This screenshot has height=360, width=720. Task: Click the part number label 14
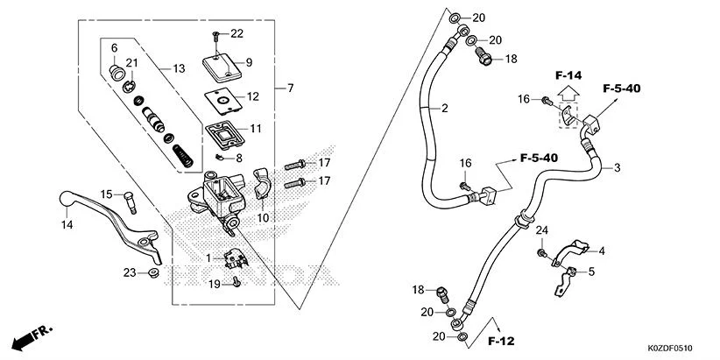[x=67, y=225]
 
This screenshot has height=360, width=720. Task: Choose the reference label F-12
[x=501, y=339]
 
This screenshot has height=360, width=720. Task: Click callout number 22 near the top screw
[x=236, y=33]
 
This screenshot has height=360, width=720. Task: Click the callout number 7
[x=290, y=88]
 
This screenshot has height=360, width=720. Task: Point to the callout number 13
[x=178, y=68]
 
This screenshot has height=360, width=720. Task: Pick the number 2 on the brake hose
[x=445, y=109]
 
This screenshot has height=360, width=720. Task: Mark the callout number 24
[x=541, y=229]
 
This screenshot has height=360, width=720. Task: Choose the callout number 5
[x=591, y=272]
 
